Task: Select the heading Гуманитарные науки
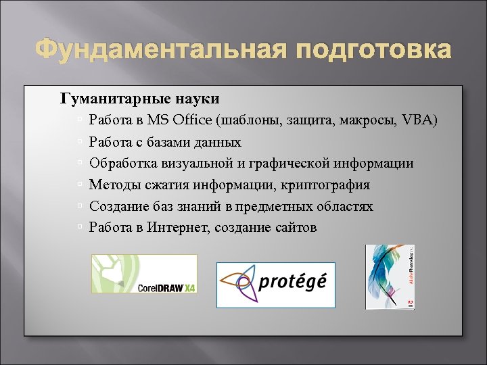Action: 140,99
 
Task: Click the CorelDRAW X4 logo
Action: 144,274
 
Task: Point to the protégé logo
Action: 275,285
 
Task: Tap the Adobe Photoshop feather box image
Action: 390,276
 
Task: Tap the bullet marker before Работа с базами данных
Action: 80,143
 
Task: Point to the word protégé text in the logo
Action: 293,281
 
